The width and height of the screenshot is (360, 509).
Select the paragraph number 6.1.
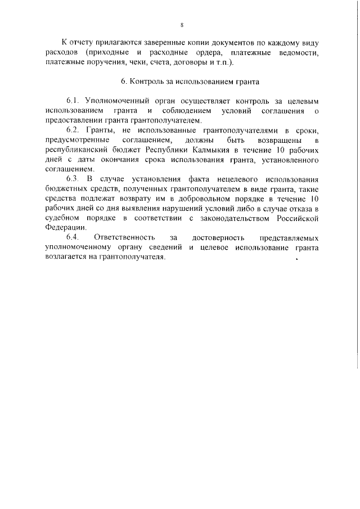(x=74, y=101)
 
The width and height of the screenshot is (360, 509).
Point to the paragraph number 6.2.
(x=74, y=130)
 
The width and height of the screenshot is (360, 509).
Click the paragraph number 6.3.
(x=74, y=179)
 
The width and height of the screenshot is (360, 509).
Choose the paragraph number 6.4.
(x=74, y=238)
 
